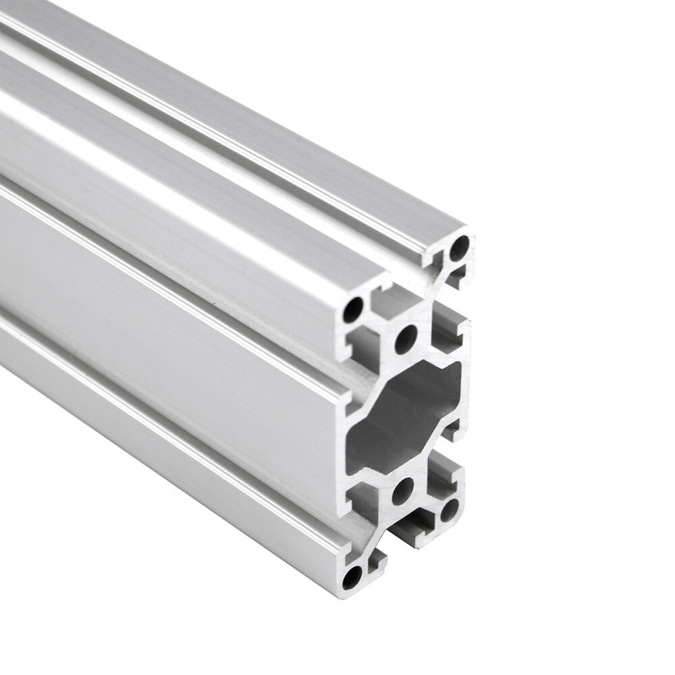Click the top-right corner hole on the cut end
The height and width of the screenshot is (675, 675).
coord(459,248)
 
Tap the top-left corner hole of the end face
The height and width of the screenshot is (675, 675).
coord(353,310)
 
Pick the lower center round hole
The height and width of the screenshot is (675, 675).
coord(404,491)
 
